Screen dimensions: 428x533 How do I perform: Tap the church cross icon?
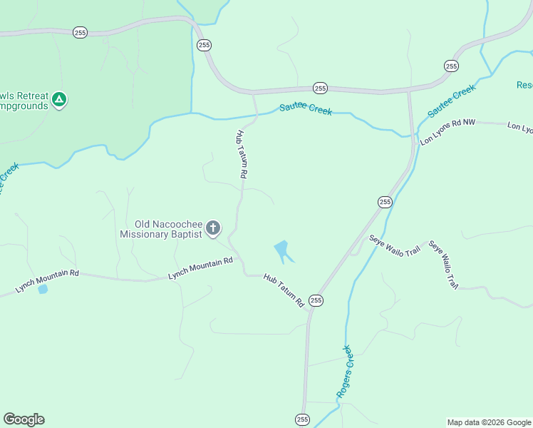[x=212, y=228]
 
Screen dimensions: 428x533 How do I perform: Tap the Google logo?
[x=24, y=419]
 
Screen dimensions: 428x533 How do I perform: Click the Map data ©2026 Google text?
[x=488, y=422]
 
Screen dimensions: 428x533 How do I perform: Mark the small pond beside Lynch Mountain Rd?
[x=43, y=290]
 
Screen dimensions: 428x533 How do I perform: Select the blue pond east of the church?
[x=282, y=250]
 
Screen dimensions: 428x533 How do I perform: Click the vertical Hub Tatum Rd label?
[x=242, y=153]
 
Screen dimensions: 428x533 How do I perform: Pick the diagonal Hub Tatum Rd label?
[x=284, y=290]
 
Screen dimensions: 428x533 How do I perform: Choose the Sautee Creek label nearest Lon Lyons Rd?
[x=451, y=101]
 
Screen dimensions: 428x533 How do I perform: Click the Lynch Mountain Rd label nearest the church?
[x=200, y=267]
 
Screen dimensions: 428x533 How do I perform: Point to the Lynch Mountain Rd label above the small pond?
[x=47, y=282]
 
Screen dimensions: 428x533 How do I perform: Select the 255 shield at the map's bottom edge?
[x=302, y=419]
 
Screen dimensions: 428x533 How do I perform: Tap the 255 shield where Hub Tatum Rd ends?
[x=316, y=301]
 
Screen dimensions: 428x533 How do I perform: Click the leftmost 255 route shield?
[x=80, y=33]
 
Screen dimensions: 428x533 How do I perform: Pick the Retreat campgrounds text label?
[x=25, y=100]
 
